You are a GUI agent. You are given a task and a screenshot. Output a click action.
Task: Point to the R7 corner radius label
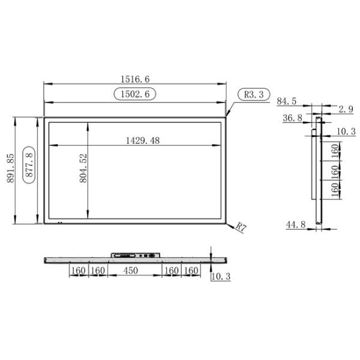coord(241,227)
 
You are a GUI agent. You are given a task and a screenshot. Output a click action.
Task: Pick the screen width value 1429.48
coord(143,140)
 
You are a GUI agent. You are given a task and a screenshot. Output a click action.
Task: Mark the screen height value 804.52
coord(83,168)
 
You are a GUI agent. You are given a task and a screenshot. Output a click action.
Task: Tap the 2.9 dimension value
coord(346,109)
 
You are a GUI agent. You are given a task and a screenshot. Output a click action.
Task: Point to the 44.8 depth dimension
coord(295,224)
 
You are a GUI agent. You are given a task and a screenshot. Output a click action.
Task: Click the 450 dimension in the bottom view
coord(131,271)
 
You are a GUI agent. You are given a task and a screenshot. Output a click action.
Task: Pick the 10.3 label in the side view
coord(346,131)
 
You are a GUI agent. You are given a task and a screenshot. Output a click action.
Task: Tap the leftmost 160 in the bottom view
coord(78,271)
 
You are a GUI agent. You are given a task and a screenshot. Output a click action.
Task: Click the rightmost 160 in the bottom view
coord(191,271)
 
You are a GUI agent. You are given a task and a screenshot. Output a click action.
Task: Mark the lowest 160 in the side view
coord(335,190)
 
